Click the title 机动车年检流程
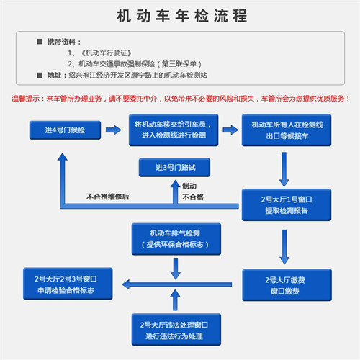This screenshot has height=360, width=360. pos(179,16)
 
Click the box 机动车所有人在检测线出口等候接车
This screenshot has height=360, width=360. pos(283,130)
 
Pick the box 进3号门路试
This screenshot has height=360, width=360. pos(175,168)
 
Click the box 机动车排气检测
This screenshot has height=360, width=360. pos(175,239)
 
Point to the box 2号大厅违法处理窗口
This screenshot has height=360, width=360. pos(175,330)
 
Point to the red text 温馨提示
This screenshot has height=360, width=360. pos(26,99)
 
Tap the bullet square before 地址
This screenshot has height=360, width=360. pos(40,74)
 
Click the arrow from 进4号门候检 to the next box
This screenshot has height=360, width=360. pos(112,130)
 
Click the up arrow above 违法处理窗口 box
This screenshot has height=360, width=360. pos(175,299)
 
